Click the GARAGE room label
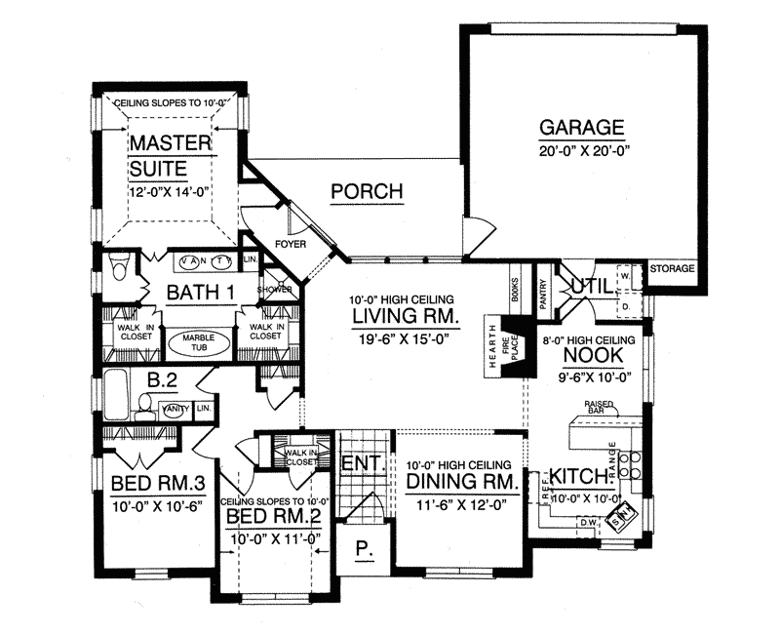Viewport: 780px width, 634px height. [581, 128]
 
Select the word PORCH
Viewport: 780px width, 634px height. [367, 191]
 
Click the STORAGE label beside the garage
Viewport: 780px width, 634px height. [673, 267]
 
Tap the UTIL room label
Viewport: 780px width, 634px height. [588, 285]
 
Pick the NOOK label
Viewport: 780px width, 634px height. [586, 355]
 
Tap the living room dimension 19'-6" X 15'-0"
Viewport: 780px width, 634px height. [400, 337]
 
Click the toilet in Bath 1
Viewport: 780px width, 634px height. [121, 266]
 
